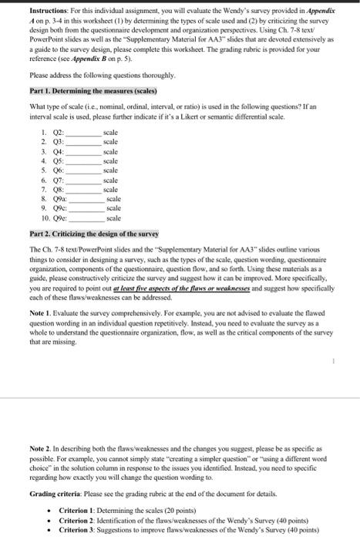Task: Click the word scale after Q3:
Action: pyautogui.click(x=110, y=142)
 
